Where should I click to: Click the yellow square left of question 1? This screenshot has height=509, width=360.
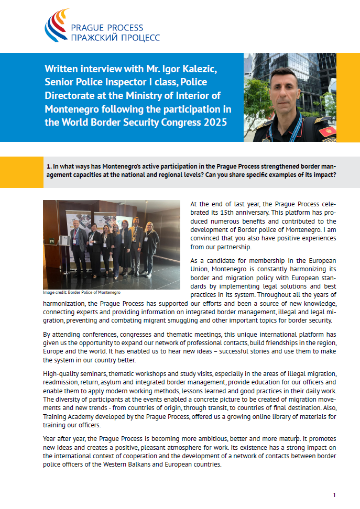(21, 172)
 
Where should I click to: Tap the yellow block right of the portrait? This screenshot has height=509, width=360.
(347, 97)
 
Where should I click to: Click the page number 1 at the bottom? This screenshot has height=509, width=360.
(334, 495)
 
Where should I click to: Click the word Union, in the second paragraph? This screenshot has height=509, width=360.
(202, 269)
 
